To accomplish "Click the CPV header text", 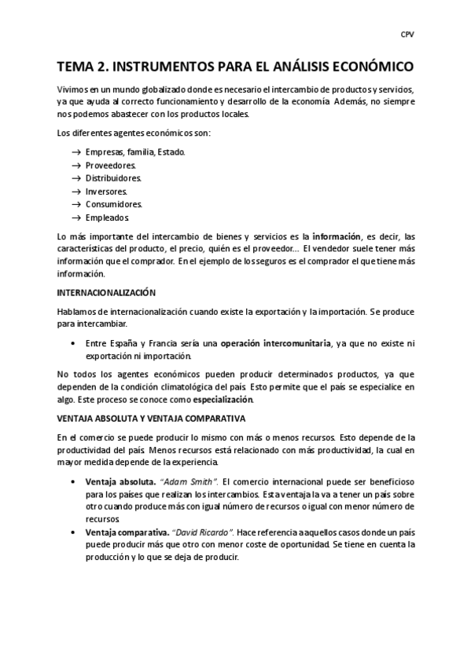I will coord(408,35).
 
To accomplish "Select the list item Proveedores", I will coord(110,165).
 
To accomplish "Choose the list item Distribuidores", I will coord(113,178).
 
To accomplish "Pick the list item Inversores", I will coord(106,191).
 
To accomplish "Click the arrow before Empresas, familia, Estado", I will coord(76,152).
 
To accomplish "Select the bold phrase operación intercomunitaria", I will coord(275,343).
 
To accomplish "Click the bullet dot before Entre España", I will coord(73,343).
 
